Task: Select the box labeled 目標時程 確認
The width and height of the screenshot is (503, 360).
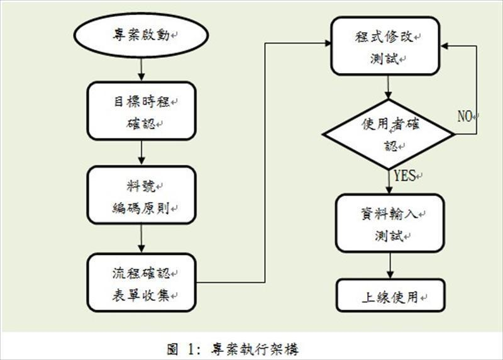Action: [141, 111]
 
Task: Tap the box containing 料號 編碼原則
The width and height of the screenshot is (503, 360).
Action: [141, 194]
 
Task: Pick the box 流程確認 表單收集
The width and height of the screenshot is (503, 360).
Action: [141, 283]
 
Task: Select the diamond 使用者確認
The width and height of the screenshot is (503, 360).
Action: [389, 134]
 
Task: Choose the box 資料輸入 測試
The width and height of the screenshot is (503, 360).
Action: [390, 223]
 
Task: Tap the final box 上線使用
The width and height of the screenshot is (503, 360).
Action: [390, 296]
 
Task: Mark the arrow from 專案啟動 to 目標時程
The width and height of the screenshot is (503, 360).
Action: [141, 69]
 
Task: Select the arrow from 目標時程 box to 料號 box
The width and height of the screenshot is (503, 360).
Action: [141, 153]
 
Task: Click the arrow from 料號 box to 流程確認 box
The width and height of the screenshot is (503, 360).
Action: [141, 239]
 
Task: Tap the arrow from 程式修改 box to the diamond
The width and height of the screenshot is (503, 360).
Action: [389, 87]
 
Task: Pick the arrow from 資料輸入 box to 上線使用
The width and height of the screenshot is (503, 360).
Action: [390, 266]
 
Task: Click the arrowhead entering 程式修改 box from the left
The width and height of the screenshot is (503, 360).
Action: [328, 43]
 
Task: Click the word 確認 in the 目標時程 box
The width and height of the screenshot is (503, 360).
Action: [141, 123]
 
